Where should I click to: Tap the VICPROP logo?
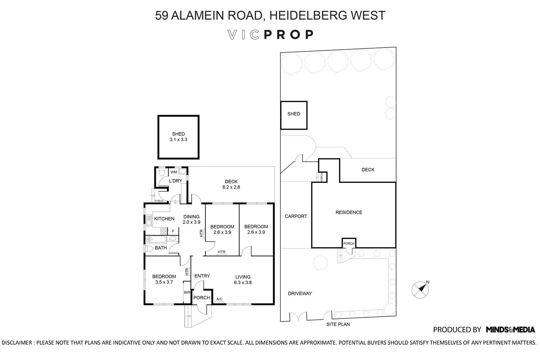(271, 35)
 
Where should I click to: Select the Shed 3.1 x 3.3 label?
(178, 137)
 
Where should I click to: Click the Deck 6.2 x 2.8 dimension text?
(231, 187)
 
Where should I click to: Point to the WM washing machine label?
(174, 172)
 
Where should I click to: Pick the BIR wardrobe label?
(187, 293)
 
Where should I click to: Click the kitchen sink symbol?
(148, 220)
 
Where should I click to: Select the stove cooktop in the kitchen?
(164, 231)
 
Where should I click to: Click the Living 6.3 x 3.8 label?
(243, 280)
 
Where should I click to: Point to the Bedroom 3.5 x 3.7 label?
(164, 279)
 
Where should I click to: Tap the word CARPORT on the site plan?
(296, 216)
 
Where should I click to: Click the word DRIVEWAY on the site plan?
(300, 293)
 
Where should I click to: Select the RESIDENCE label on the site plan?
(349, 212)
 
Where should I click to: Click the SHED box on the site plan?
(294, 115)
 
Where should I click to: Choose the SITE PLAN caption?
(338, 324)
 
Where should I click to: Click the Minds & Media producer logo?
(510, 329)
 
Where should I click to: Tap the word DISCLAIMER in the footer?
(17, 342)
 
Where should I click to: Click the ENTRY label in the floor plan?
(202, 276)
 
